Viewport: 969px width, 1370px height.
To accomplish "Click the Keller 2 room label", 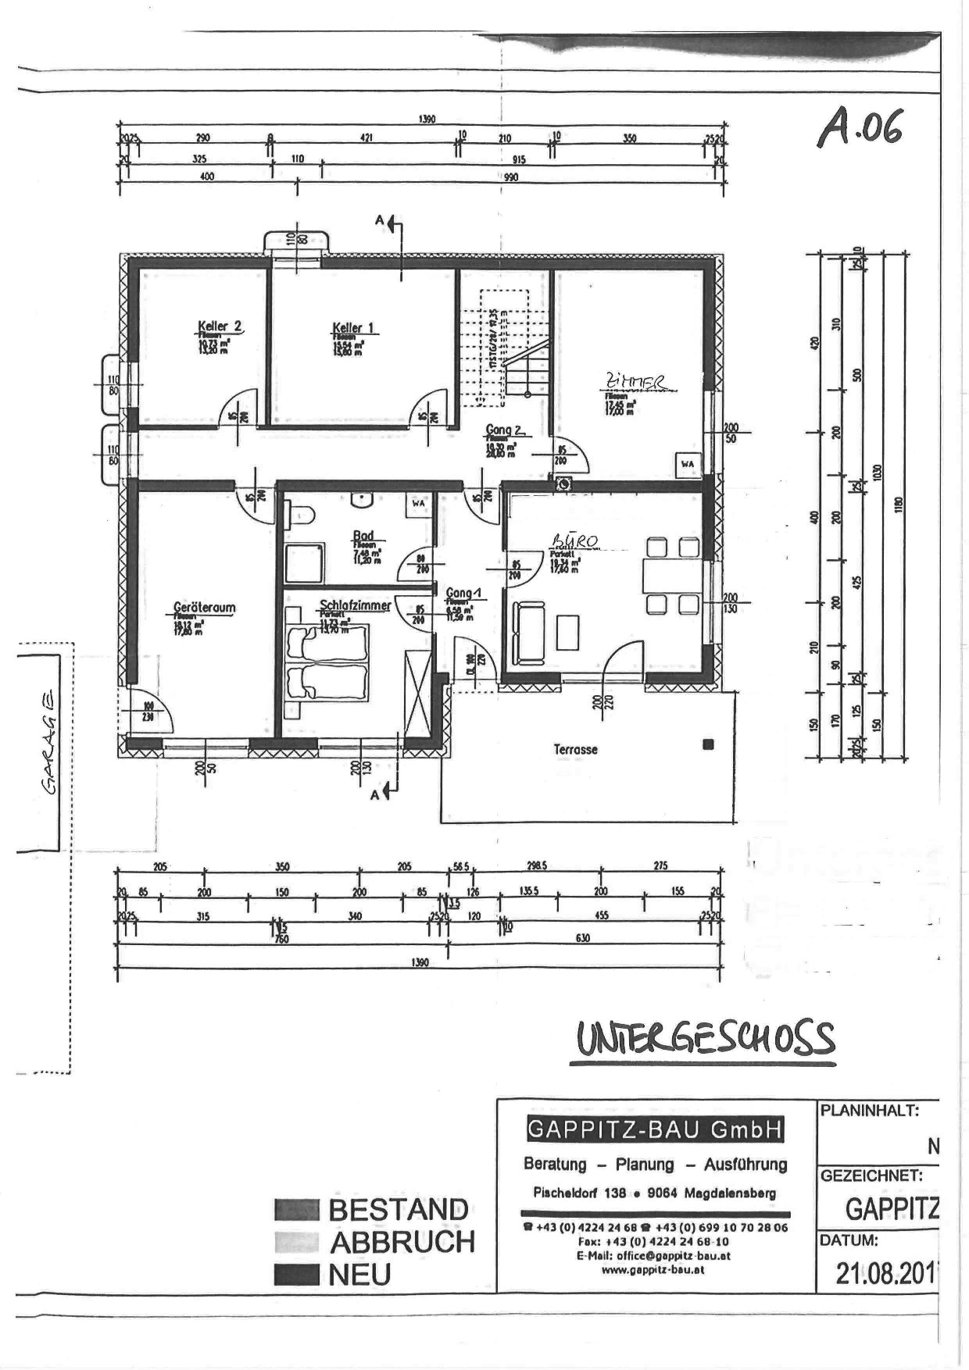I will tap(220, 326).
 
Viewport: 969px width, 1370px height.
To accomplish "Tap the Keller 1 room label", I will tap(353, 327).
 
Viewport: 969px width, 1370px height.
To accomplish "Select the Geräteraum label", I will tap(204, 608).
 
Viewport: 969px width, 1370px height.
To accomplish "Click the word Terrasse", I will tap(575, 750).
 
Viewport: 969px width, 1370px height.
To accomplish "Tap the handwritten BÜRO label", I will tap(575, 541).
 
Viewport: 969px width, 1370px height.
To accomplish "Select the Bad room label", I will tap(363, 537).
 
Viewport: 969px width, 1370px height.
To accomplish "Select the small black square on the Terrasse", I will tap(708, 744).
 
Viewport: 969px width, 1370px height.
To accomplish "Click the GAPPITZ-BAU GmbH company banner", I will tap(654, 1129).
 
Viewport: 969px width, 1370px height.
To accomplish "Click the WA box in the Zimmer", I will tap(687, 464).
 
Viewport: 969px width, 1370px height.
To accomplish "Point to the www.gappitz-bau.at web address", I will tap(653, 1269).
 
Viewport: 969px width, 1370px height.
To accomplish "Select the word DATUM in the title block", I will tap(848, 1240).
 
